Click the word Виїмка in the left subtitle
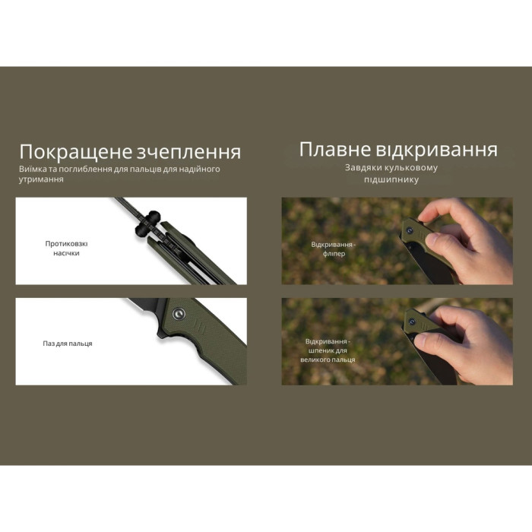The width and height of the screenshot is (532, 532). [33, 169]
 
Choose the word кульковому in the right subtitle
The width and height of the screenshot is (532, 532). [411, 168]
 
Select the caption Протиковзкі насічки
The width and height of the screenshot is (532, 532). [67, 249]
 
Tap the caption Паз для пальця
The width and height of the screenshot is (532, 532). [68, 344]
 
